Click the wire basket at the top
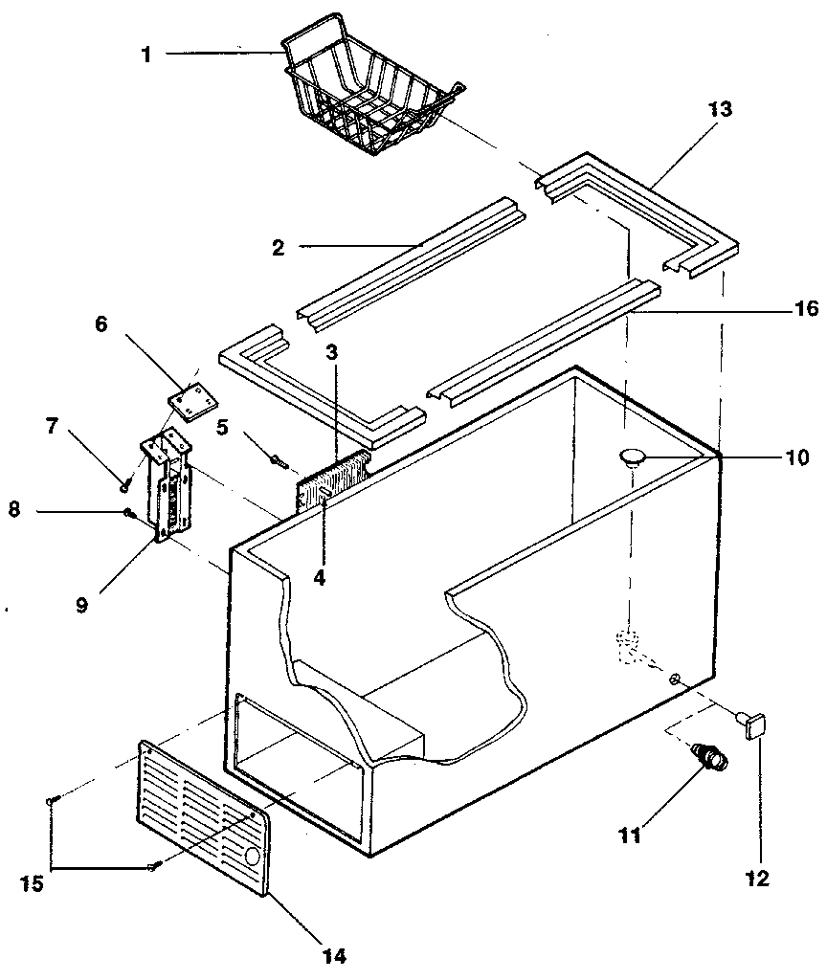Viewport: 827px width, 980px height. click(369, 96)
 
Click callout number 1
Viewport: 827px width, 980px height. click(146, 55)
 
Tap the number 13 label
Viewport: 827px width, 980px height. click(720, 109)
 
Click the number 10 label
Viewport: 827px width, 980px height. click(796, 457)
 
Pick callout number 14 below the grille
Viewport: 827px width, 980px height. click(334, 954)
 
